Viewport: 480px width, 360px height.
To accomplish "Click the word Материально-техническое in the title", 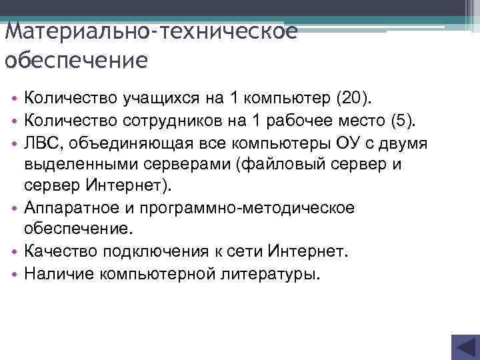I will pyautogui.click(x=150, y=33).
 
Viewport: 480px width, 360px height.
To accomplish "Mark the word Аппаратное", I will pyautogui.click(x=72, y=208).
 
